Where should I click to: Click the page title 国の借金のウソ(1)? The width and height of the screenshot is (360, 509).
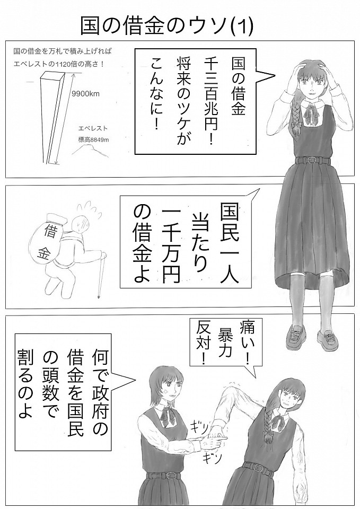coord(166,27)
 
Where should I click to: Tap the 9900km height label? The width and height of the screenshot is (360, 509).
coord(85,94)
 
